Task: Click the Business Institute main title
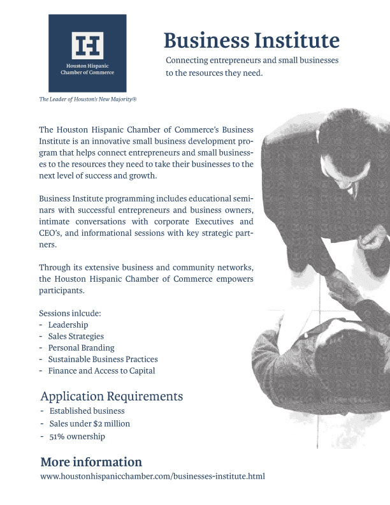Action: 251,40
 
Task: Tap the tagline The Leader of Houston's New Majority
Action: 88,99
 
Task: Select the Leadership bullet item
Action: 68,325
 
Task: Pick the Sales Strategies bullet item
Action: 76,336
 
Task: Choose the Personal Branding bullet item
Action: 81,348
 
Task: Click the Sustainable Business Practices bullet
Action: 103,359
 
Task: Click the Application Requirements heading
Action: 112,397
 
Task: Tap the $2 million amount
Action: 121,424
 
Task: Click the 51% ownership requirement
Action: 76,437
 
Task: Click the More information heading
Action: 91,462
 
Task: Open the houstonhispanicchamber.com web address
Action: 152,476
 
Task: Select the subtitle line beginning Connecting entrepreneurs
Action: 251,60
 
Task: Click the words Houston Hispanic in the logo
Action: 87,66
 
